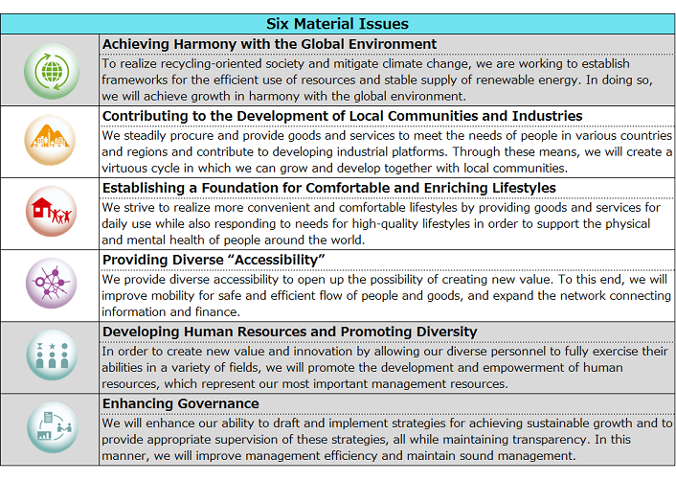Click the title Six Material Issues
(338, 23)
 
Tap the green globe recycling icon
(51, 71)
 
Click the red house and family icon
(51, 213)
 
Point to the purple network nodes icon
(51, 285)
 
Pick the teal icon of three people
(51, 356)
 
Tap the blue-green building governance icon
(51, 427)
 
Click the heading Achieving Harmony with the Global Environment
(269, 44)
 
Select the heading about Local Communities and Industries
(342, 116)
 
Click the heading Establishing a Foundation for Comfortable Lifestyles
(328, 188)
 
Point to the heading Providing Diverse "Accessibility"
(214, 260)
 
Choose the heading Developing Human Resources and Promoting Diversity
(289, 332)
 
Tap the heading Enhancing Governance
(180, 403)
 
